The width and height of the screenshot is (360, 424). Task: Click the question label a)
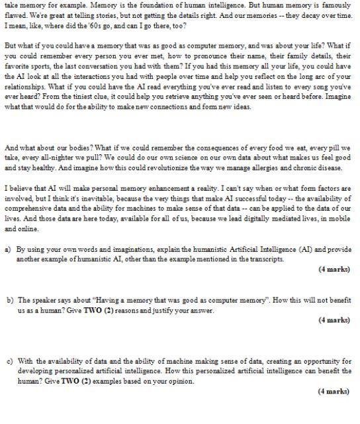tap(8, 250)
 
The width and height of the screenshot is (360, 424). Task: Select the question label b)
tap(10, 300)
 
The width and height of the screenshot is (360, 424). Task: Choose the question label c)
tap(9, 362)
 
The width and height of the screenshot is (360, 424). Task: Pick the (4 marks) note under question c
tap(333, 392)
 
